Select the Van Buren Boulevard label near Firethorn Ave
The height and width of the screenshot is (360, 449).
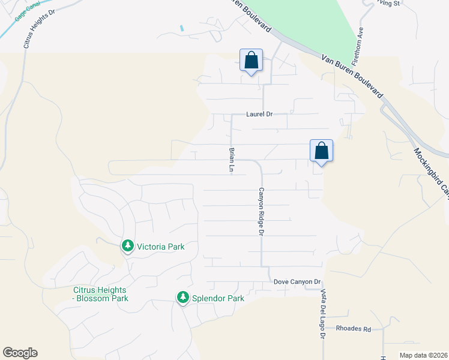[x=352, y=77]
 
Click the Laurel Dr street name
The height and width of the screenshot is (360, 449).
[x=259, y=113]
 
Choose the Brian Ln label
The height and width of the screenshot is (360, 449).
[x=231, y=160]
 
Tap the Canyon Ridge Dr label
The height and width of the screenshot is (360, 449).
[x=261, y=210]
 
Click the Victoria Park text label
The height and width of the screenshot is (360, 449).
[x=160, y=247]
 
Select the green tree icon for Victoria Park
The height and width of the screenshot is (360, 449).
[x=127, y=246]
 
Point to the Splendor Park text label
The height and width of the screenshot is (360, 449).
[x=218, y=298]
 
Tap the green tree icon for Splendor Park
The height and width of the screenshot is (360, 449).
[x=182, y=298]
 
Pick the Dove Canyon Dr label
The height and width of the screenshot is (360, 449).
[x=298, y=281]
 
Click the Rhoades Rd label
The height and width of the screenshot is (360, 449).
[x=354, y=328]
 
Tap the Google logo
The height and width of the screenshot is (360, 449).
[x=20, y=353]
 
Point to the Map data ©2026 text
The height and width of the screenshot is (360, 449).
[x=423, y=355]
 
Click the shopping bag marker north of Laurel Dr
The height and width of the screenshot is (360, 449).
[x=252, y=61]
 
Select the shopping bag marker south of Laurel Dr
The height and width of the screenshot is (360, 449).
[x=321, y=151]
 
